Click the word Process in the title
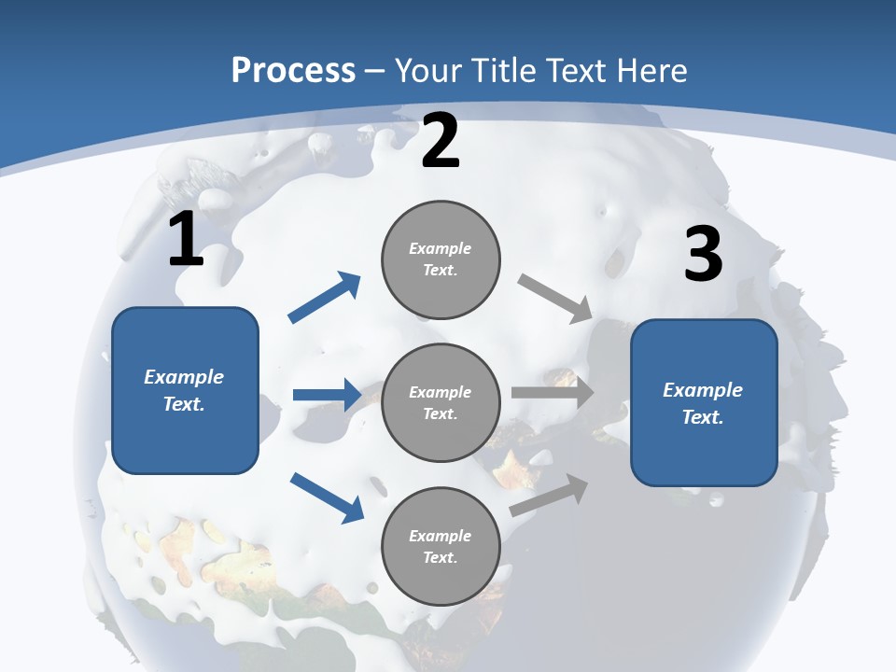coord(293,71)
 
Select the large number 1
coord(186,240)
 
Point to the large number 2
coord(441,142)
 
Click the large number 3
coord(703,254)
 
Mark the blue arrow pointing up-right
coord(325,298)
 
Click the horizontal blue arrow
coord(327,395)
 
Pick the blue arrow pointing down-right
coord(327,497)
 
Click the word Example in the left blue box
coord(184,377)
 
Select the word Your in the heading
coord(427,71)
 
